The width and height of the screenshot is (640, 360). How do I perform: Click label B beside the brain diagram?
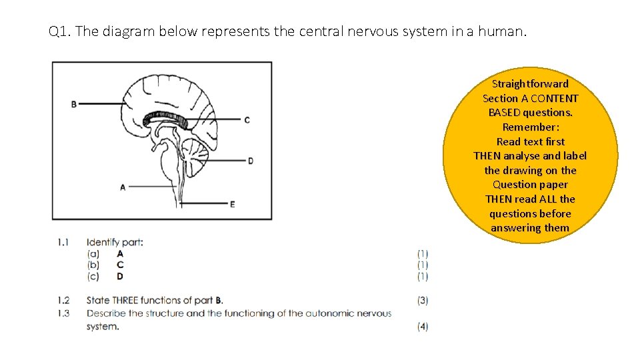tap(73, 103)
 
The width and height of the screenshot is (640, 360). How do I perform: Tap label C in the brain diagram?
tap(247, 120)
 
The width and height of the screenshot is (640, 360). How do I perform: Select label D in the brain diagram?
tap(250, 161)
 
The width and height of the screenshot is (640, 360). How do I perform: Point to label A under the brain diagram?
tap(123, 187)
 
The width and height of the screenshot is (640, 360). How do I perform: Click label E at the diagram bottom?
tap(232, 204)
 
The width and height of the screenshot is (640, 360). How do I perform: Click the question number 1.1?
tap(63, 242)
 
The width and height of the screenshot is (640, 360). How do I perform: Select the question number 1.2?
tap(63, 301)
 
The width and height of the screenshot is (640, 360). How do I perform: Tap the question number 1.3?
tap(63, 313)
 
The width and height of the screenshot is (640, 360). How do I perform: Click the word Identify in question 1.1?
tap(103, 242)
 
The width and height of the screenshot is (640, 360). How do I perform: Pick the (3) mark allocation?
tap(423, 301)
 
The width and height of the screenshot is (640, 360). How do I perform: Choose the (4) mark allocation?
tap(423, 327)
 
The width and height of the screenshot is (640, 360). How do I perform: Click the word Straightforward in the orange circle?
tap(530, 84)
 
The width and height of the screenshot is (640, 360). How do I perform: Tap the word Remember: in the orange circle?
tap(530, 127)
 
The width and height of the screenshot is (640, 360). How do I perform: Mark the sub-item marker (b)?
tap(93, 265)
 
